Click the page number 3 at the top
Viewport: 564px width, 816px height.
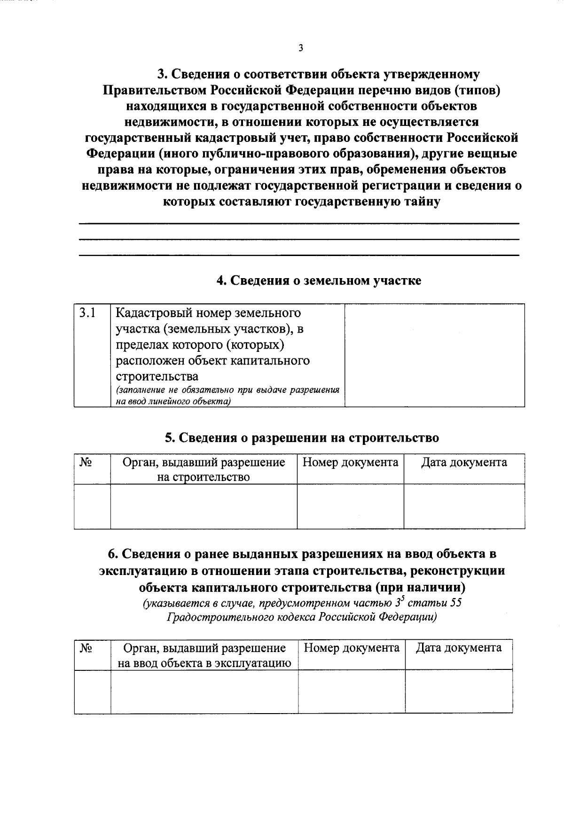click(300, 48)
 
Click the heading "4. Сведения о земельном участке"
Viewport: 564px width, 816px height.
click(319, 280)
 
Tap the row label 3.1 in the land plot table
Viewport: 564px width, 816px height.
click(87, 313)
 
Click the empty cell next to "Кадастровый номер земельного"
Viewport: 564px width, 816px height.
click(435, 355)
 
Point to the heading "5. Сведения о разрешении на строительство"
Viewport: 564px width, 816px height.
click(302, 437)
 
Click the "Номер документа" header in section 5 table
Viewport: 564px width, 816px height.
click(350, 462)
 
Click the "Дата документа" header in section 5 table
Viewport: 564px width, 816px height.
click(464, 462)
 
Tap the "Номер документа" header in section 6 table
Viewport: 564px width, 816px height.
click(352, 648)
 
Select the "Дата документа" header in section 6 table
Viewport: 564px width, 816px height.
click(459, 648)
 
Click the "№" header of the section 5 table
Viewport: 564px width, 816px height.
click(85, 462)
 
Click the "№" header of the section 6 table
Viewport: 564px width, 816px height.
click(86, 648)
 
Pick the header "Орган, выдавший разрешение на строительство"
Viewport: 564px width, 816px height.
click(204, 469)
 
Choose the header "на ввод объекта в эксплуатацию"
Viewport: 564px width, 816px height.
click(204, 663)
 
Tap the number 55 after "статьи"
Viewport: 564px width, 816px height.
click(455, 603)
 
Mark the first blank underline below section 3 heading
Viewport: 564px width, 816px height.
click(299, 223)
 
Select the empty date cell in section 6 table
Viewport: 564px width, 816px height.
click(459, 691)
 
